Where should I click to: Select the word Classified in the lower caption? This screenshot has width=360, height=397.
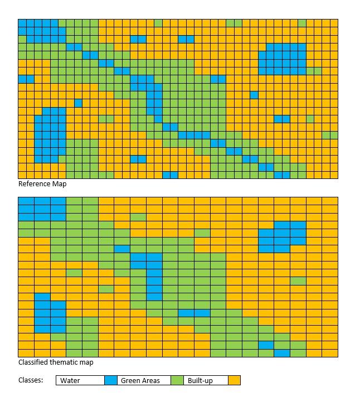coord(35,362)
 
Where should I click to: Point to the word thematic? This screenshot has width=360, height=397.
coord(69,362)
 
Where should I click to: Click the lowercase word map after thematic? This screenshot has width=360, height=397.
coord(87,362)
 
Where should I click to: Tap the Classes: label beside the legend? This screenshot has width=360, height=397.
coord(31,380)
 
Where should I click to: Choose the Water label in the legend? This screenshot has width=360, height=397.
coord(70,381)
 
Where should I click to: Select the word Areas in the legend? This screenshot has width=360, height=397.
coord(150,381)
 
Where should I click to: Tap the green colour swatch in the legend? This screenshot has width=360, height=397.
coord(177,380)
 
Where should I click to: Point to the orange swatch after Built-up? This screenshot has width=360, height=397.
coord(234,380)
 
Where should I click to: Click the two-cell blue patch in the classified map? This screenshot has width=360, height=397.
coord(194,313)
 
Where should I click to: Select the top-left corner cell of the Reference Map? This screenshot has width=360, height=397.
coord(22,23)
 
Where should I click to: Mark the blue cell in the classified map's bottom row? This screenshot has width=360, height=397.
coord(282,353)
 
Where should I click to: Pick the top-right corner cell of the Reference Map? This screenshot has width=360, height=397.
coord(334,23)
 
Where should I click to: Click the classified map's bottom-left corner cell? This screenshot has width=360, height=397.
coord(26,353)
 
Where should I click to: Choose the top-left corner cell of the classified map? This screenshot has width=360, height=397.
coord(26,201)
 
